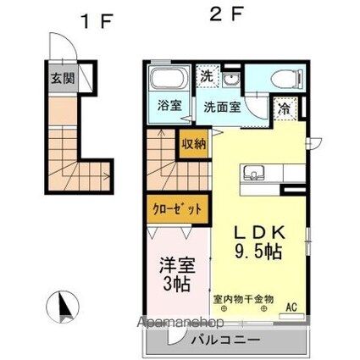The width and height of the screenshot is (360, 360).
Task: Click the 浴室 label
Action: (169, 106)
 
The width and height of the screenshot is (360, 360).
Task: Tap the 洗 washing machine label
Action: (206, 75)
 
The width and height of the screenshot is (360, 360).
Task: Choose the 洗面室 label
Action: (224, 108)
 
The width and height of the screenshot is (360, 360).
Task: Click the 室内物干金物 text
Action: (243, 299)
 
